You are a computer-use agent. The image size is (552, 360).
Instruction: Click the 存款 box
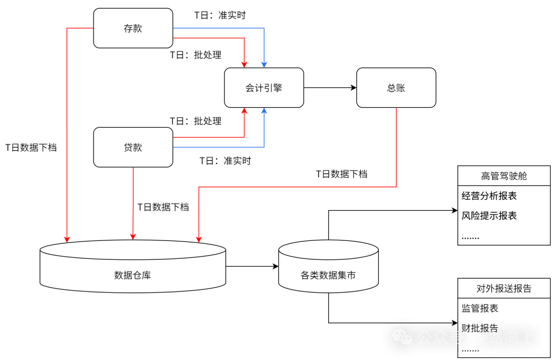point(133,28)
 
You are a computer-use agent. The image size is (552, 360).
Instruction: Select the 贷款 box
point(133,147)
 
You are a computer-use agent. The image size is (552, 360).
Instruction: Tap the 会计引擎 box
point(264,87)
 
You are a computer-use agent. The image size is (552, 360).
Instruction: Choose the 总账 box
point(396,87)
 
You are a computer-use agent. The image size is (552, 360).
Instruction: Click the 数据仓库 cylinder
point(133,271)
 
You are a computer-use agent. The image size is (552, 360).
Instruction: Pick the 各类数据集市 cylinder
point(328,271)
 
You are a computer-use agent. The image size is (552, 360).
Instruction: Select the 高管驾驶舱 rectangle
point(503,176)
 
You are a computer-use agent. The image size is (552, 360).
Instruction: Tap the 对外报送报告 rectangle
point(503,288)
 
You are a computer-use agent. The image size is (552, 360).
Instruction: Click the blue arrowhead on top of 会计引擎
point(264,64)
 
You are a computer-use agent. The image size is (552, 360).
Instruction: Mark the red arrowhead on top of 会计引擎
point(244,64)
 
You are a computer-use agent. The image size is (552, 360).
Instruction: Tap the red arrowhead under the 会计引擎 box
point(244,111)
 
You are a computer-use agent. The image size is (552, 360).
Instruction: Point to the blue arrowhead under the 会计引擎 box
point(264,111)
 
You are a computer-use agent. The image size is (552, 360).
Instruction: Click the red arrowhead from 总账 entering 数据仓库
point(199,238)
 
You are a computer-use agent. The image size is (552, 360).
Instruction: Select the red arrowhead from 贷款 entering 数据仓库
point(133,236)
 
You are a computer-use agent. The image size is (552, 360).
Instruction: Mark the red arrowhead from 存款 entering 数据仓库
point(67,238)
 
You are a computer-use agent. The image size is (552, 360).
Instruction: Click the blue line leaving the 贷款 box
point(220,147)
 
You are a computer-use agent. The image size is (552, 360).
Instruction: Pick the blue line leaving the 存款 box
point(220,28)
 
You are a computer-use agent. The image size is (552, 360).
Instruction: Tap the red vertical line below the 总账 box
point(397,148)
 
